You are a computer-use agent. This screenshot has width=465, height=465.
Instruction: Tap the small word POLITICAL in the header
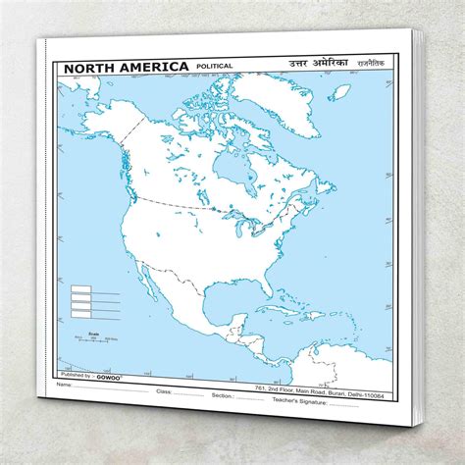[x=215, y=68]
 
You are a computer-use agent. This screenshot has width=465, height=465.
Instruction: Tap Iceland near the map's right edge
[x=340, y=93]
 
